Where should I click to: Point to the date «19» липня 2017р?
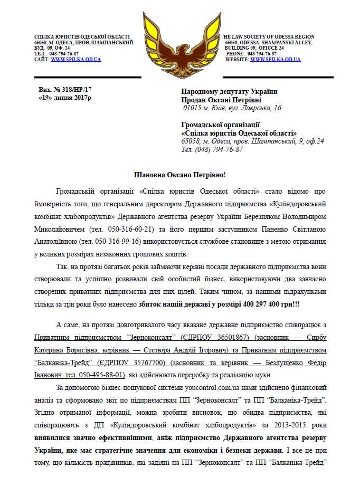(65, 99)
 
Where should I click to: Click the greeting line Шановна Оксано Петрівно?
(179, 175)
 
